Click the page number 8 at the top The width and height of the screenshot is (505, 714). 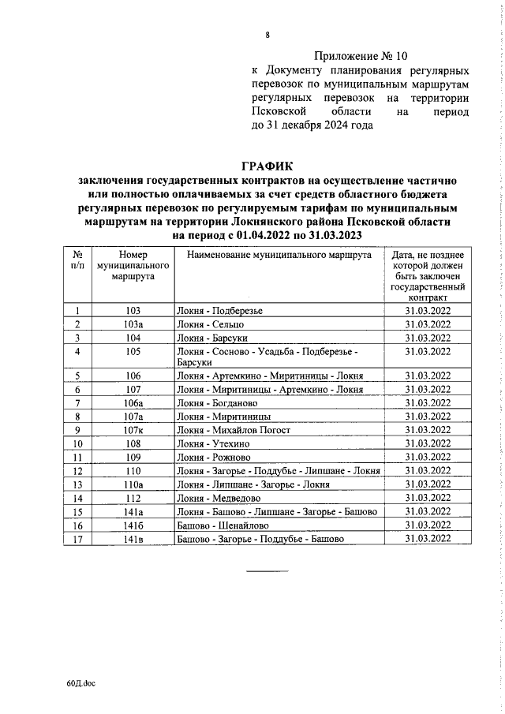pyautogui.click(x=267, y=35)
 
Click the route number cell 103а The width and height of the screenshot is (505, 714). pyautogui.click(x=133, y=324)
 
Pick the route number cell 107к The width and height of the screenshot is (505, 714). pyautogui.click(x=133, y=430)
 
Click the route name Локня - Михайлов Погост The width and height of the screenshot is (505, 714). pyautogui.click(x=234, y=430)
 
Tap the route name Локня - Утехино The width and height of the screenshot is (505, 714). pyautogui.click(x=211, y=443)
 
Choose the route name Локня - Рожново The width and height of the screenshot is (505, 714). pyautogui.click(x=212, y=457)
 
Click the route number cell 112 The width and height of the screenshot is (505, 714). pyautogui.click(x=133, y=498)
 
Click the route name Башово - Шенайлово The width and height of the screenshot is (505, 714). pyautogui.click(x=223, y=525)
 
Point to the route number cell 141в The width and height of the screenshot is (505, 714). pyautogui.click(x=133, y=538)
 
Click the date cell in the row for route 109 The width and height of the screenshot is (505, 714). pyautogui.click(x=427, y=457)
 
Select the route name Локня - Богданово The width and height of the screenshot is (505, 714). pyautogui.click(x=217, y=403)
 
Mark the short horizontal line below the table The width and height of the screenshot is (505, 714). pyautogui.click(x=267, y=570)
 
